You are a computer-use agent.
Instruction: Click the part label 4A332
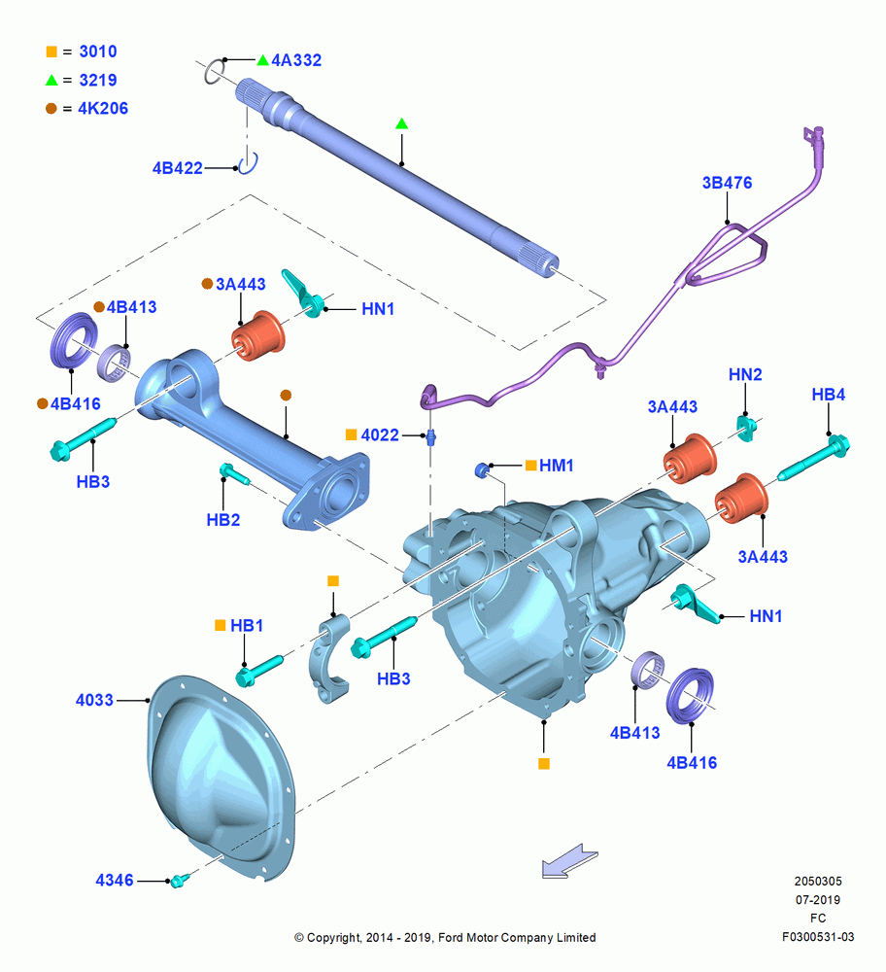(x=296, y=60)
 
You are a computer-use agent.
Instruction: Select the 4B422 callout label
(x=177, y=168)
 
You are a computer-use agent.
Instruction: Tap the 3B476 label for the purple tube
(x=727, y=183)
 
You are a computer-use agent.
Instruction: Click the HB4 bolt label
(x=829, y=395)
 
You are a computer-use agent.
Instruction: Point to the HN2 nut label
(x=745, y=374)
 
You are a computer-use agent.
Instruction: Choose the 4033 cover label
(x=94, y=700)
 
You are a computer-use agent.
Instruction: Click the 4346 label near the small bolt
(x=115, y=881)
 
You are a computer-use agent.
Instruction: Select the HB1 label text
(x=247, y=625)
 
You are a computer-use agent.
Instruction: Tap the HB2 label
(x=223, y=519)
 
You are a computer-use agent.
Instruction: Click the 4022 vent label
(x=380, y=435)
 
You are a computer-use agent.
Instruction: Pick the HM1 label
(x=557, y=466)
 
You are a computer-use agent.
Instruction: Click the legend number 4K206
(x=103, y=109)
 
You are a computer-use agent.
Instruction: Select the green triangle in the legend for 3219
(x=51, y=80)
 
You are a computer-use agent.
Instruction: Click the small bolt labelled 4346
(x=179, y=879)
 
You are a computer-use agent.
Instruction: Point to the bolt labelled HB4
(x=813, y=458)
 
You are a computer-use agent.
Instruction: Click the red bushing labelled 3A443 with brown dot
(x=258, y=335)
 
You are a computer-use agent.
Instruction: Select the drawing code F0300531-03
(x=818, y=937)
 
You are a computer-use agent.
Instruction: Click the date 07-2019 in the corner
(x=818, y=899)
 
